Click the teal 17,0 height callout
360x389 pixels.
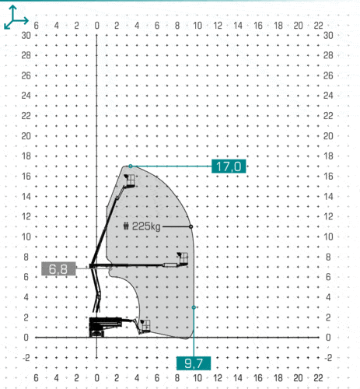coord(229,166)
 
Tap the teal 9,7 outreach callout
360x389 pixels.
coord(194,363)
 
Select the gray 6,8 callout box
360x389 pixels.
coord(58,268)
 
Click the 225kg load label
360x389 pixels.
coord(146,226)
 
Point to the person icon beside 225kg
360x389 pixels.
coord(126,226)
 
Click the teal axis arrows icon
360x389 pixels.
coord(16,18)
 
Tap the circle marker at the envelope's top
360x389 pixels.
coord(131,166)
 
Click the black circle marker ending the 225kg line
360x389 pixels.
coord(190,226)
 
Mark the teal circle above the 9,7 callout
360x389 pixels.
coord(194,307)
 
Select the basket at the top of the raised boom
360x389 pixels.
coord(130,180)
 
